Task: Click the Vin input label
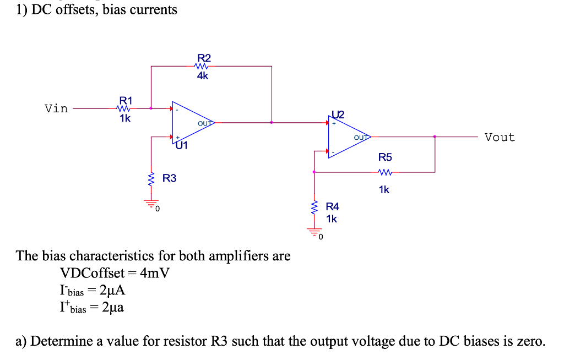tap(56, 108)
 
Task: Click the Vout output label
tap(500, 137)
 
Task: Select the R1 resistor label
tap(126, 100)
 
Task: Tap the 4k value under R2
tap(203, 77)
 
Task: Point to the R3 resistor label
tap(170, 178)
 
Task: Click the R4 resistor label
tap(333, 207)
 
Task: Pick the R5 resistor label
tap(386, 157)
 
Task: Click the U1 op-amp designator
tap(182, 146)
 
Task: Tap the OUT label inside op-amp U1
tap(205, 123)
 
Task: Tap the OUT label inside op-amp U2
tap(361, 137)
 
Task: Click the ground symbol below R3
tap(151, 204)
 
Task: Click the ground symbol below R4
tap(314, 232)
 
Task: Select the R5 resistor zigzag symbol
tap(386, 172)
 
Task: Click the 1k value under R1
tap(126, 118)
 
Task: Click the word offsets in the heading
tap(75, 9)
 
